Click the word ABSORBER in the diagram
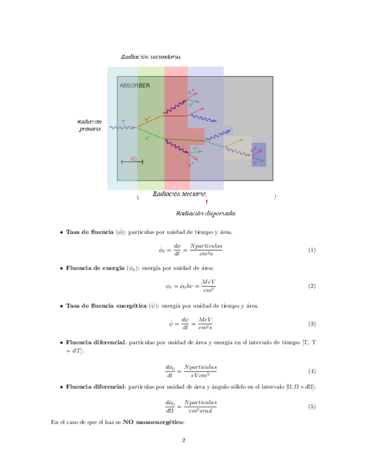click(x=134, y=86)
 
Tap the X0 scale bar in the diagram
click(x=132, y=161)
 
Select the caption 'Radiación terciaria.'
click(x=180, y=194)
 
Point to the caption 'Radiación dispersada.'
click(x=206, y=213)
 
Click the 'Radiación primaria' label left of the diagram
click(x=90, y=125)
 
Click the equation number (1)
click(x=312, y=250)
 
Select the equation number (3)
click(x=312, y=324)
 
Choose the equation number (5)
click(x=312, y=407)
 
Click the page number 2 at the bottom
click(x=183, y=440)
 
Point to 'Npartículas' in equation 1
click(x=206, y=246)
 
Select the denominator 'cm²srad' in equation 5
click(x=200, y=411)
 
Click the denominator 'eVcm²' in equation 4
click(x=199, y=374)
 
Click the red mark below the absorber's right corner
click(x=275, y=197)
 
